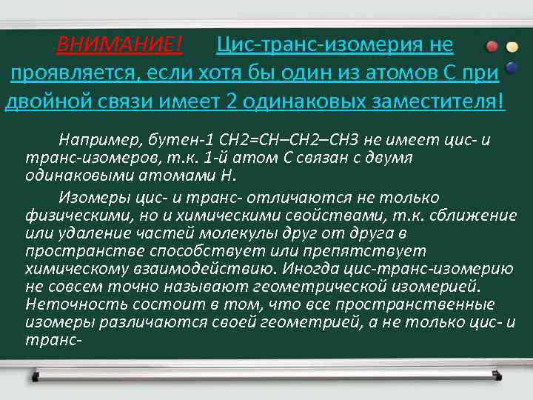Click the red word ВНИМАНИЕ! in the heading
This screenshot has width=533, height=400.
tap(119, 46)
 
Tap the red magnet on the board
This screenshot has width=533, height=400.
tap(492, 47)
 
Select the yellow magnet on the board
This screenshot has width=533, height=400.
tap(512, 47)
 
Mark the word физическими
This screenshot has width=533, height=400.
tap(70, 216)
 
